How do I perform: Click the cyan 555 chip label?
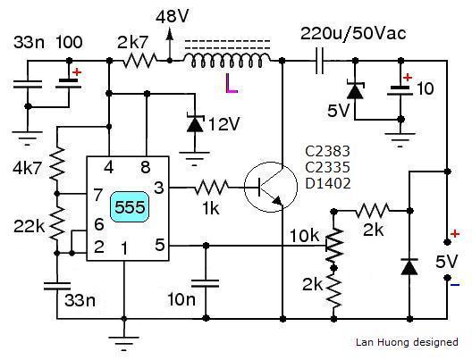coord(130,207)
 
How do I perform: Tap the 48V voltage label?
coord(173,16)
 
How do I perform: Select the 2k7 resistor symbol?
coord(139,61)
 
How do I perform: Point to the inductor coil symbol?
coord(227,60)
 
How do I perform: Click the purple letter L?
coord(232,84)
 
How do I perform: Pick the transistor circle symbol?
coord(271,187)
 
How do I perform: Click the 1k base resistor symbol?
coord(211,187)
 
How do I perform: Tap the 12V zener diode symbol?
coord(195,123)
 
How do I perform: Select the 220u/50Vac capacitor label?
coord(353,33)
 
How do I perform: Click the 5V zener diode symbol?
coord(355,89)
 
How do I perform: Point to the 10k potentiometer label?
coord(304,235)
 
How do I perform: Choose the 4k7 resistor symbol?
coord(57,163)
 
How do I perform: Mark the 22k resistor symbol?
coord(57,223)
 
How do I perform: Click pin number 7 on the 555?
coord(97,195)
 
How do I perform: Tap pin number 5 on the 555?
coord(160,245)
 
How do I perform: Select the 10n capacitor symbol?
coord(206,283)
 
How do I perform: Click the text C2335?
coord(327,167)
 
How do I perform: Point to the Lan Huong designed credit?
coord(407,342)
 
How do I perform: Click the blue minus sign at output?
coord(455,284)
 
